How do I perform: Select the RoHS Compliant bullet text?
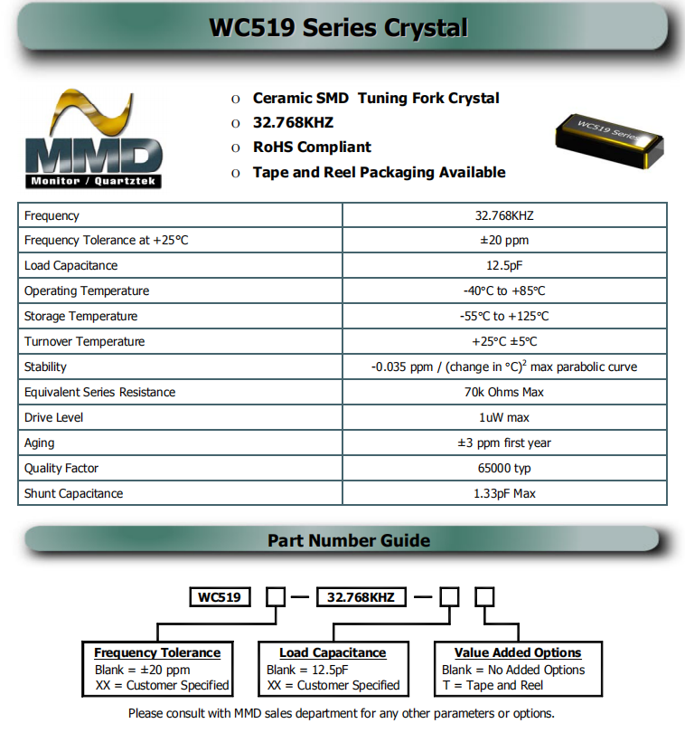(312, 147)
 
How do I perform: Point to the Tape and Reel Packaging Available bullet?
(379, 172)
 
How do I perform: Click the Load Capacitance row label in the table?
(71, 265)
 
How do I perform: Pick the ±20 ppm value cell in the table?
(504, 240)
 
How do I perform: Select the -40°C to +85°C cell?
(504, 290)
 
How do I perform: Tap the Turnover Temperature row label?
(84, 341)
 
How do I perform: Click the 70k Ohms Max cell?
(504, 392)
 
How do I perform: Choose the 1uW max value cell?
(504, 417)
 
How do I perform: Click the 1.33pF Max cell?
(504, 493)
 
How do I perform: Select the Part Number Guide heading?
(349, 540)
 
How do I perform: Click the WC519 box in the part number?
(220, 597)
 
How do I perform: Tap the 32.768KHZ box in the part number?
(361, 597)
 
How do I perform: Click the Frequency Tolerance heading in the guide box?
(157, 652)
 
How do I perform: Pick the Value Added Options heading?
(518, 652)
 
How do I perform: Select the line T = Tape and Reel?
(493, 685)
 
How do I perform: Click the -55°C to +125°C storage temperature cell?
(504, 316)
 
